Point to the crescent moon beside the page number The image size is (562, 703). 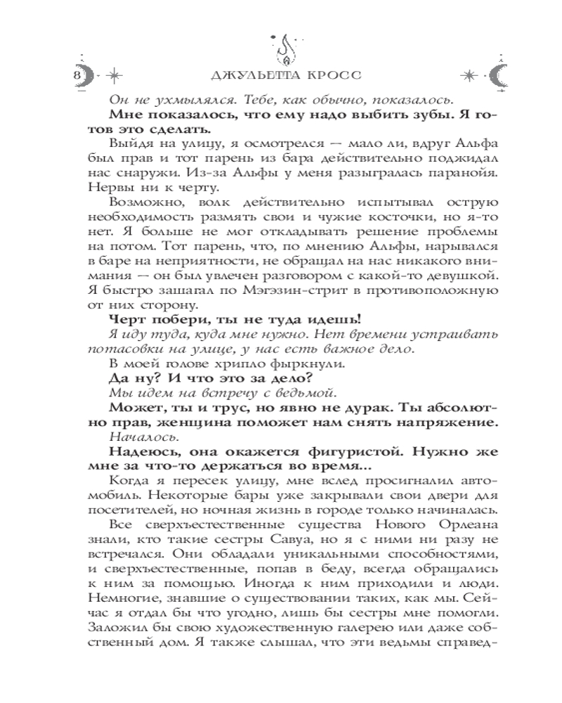(88, 73)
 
